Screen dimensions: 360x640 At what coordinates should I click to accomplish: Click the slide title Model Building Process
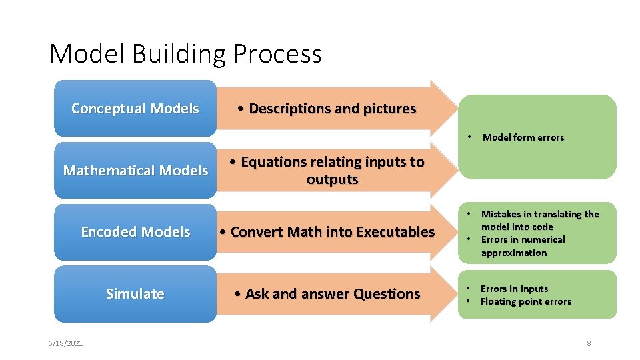point(185,53)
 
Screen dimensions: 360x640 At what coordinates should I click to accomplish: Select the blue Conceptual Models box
point(135,109)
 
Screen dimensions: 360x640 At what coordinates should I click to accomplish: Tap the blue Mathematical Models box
point(135,171)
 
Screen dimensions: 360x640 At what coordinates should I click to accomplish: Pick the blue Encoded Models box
point(135,232)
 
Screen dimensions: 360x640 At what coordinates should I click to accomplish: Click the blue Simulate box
point(135,294)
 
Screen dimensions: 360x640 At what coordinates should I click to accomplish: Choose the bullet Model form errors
point(523,137)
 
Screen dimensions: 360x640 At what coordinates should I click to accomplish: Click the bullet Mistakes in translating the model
point(539,220)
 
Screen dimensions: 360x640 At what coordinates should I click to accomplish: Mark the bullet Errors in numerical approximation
point(522,246)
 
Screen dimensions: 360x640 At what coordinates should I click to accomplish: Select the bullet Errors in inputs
point(514,289)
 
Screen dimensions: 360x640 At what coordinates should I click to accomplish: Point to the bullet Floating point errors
point(525,301)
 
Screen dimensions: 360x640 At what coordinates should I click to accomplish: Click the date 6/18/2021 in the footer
point(65,343)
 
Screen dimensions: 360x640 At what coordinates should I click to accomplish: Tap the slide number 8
point(589,343)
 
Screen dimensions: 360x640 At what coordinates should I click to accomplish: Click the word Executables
point(395,232)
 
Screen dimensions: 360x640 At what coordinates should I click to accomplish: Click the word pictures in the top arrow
point(389,109)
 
